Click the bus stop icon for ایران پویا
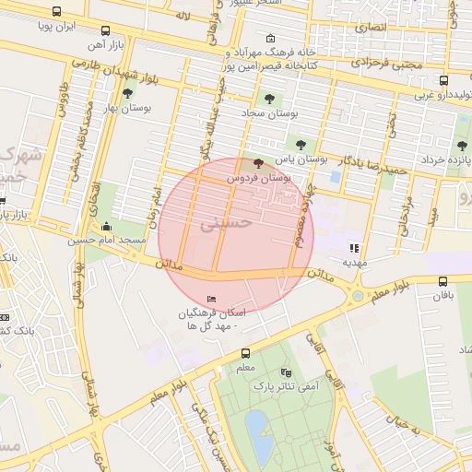point(57,12)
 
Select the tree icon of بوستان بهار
point(127,92)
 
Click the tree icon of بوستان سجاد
point(269,98)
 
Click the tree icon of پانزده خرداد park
point(462,145)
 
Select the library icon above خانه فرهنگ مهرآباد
point(269,39)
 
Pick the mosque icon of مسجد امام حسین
point(107,227)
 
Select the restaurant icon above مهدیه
point(354,247)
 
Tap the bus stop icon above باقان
point(443,281)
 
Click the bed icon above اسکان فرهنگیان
point(213,299)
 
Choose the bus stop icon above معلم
point(245,353)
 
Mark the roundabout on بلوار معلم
point(355,296)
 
